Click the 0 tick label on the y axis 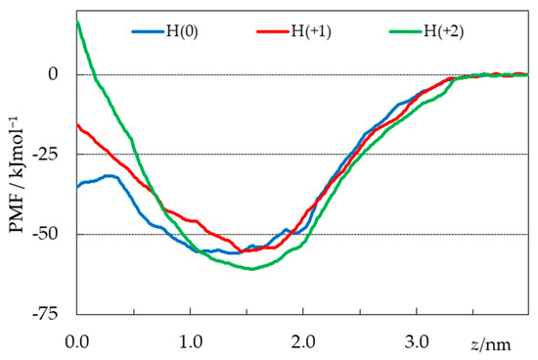coord(61,74)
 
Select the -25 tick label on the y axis coord(54,155)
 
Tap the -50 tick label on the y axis coord(54,235)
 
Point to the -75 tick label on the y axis coord(54,315)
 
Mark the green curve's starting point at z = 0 coord(77,22)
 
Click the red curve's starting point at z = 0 coord(77,123)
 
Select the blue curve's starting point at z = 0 coord(77,187)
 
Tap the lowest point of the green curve coord(252,269)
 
